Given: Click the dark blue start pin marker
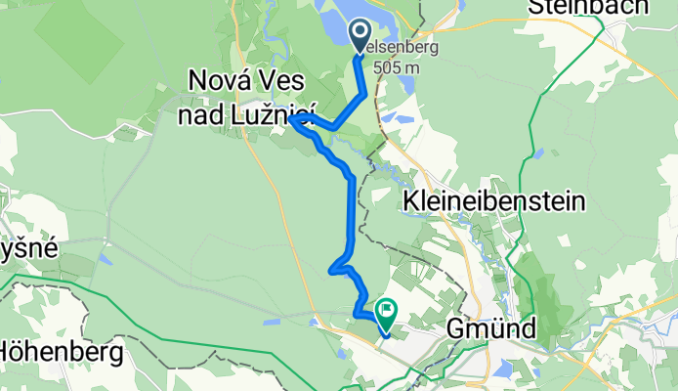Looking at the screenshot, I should pos(360,35).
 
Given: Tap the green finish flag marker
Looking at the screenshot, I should pos(385,312).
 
